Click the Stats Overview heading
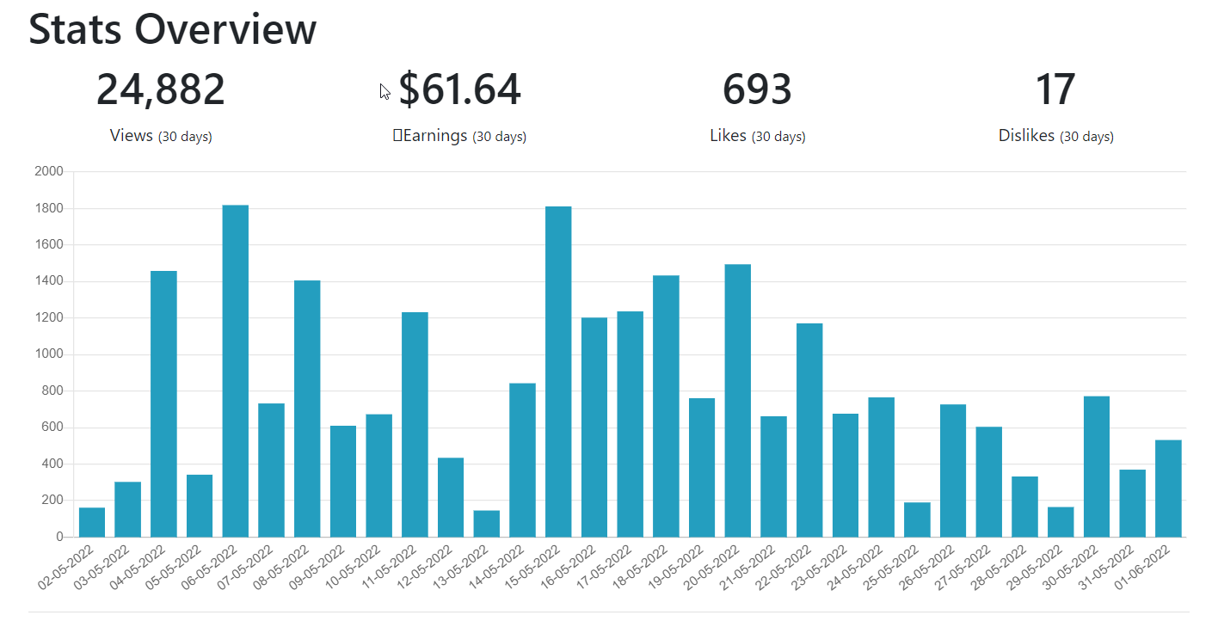pos(172,29)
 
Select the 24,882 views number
pos(160,89)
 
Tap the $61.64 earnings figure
pos(460,89)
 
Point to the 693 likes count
pos(757,89)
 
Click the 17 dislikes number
pos(1055,89)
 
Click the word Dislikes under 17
pos(1026,135)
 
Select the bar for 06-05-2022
pos(236,371)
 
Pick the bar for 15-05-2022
pos(558,372)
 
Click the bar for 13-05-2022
pos(487,524)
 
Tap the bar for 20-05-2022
pos(738,401)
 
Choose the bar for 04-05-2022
pos(163,404)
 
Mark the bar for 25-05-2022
pos(917,519)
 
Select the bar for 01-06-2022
pos(1168,489)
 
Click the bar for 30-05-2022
pos(1097,466)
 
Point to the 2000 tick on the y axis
pos(49,171)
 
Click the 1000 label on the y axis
pos(49,354)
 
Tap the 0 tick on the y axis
pos(60,537)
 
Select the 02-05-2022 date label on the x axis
pos(65,567)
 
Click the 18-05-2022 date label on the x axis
pos(640,567)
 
